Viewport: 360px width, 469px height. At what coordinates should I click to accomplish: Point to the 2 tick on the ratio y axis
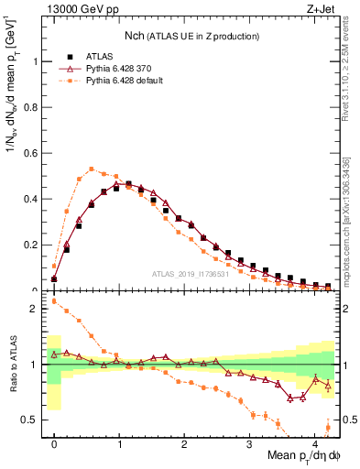tap(35, 309)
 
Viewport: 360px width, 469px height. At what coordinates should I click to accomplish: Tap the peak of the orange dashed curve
tap(92, 169)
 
